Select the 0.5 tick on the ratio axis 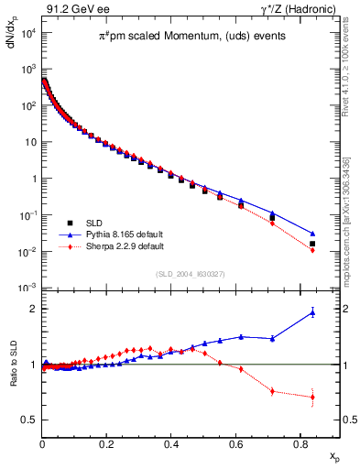(30, 420)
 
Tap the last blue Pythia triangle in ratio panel (312, 312)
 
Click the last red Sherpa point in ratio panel (312, 397)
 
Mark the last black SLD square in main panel (312, 244)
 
